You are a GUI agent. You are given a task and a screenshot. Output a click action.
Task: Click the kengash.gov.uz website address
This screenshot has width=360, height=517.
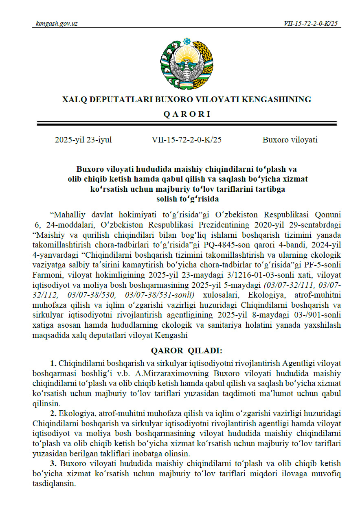(57, 24)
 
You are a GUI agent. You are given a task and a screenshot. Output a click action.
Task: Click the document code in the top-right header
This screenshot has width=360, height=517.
(311, 24)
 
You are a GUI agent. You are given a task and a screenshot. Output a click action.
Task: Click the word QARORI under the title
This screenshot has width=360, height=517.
(187, 114)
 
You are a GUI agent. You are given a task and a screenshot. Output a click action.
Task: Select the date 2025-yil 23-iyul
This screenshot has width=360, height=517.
(83, 140)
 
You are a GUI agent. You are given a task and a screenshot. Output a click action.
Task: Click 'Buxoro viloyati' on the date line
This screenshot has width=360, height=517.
(290, 140)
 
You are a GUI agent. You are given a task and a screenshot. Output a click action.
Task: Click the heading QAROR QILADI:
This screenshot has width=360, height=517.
(187, 351)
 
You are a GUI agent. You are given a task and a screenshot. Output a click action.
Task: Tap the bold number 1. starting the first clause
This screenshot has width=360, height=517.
(53, 363)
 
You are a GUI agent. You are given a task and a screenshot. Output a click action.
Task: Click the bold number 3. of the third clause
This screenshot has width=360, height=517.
(53, 464)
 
